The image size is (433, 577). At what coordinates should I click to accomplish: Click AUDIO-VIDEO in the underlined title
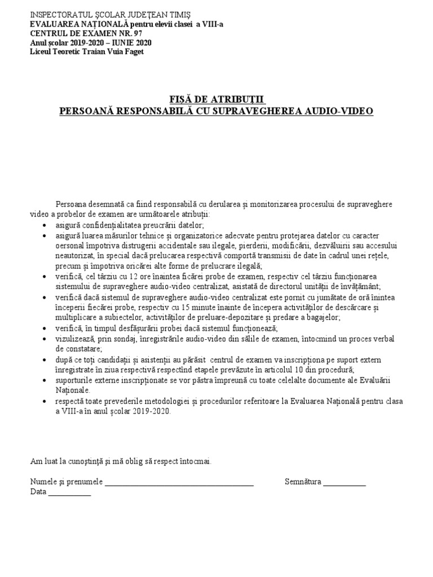[x=341, y=111]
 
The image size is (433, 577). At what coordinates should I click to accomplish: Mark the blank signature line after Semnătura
[x=344, y=482]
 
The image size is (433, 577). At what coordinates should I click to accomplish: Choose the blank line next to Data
[x=69, y=492]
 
